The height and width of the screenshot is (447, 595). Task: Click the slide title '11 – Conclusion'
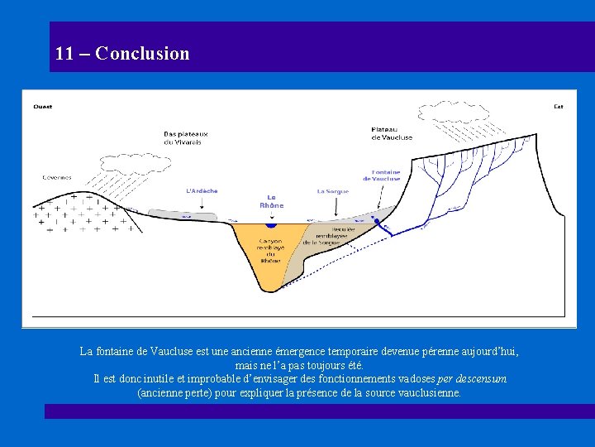(x=122, y=54)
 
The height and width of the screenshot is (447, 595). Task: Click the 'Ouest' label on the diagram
(x=42, y=106)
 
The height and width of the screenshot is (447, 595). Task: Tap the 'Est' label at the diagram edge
(x=558, y=106)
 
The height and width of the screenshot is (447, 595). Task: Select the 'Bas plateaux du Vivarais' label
(x=186, y=137)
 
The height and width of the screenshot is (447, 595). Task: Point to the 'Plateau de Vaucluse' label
(x=392, y=133)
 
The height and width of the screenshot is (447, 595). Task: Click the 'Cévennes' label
(x=57, y=177)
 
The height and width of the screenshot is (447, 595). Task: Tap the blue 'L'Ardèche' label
(x=202, y=191)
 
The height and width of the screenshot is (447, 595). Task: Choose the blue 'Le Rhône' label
(x=271, y=201)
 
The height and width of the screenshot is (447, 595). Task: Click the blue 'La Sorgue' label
(x=332, y=191)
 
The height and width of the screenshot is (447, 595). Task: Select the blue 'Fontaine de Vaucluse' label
(x=381, y=175)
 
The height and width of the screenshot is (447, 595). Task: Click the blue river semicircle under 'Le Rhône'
(x=270, y=224)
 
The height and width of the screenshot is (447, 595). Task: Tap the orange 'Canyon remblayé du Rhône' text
(x=270, y=248)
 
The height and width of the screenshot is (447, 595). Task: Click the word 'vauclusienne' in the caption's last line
(x=425, y=392)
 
